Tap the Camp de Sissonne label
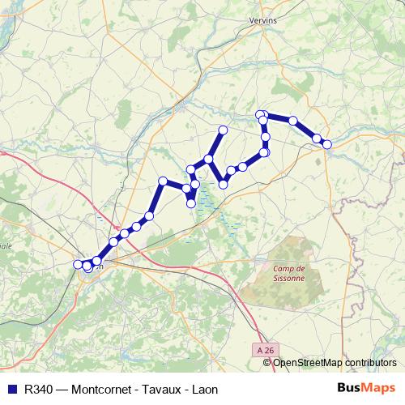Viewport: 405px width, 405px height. click(x=289, y=273)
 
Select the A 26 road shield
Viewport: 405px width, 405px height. click(x=261, y=351)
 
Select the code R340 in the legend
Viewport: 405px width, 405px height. click(x=35, y=389)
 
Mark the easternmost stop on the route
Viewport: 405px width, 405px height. click(x=327, y=144)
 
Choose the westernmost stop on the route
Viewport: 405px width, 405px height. click(x=79, y=264)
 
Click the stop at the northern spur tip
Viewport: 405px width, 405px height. click(x=224, y=130)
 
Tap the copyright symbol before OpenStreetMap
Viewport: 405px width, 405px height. click(x=267, y=362)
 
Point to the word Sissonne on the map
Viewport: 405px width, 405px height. click(x=289, y=278)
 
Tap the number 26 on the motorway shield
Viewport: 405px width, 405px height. click(x=265, y=351)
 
